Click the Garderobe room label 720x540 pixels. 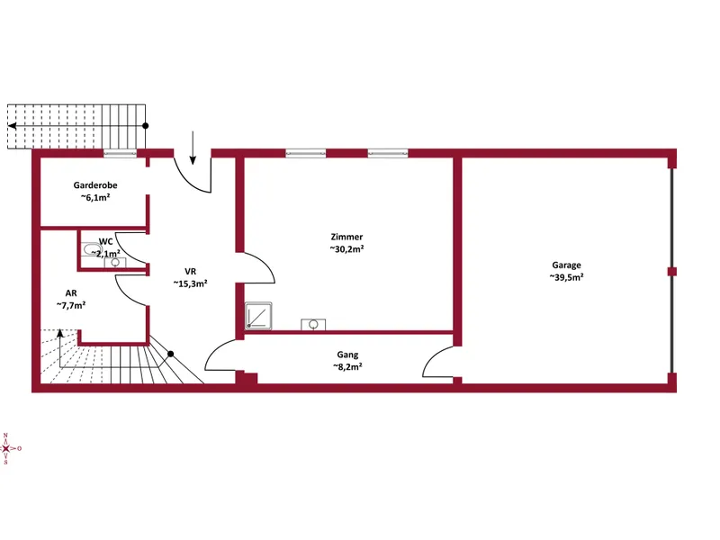pos(95,185)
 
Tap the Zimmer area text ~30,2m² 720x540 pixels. pos(347,249)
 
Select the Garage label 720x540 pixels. pos(566,265)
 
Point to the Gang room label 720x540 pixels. pos(347,355)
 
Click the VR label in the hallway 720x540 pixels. pos(190,272)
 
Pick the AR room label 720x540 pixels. pos(71,293)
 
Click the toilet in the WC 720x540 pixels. pos(92,249)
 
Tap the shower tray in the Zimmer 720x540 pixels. pos(258,316)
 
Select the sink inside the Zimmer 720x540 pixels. pos(313,325)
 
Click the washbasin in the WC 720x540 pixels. pos(115,262)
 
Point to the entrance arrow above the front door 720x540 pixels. pos(193,148)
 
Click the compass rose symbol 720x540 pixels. pos(6,448)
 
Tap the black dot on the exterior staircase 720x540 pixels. pos(146,126)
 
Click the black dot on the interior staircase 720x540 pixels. pos(170,354)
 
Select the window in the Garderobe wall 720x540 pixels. pos(121,154)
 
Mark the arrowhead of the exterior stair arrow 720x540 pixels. pos(12,126)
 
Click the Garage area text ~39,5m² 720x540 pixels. pos(566,277)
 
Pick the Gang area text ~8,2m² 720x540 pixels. pos(347,367)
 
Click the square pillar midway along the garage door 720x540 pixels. pos(672,272)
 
